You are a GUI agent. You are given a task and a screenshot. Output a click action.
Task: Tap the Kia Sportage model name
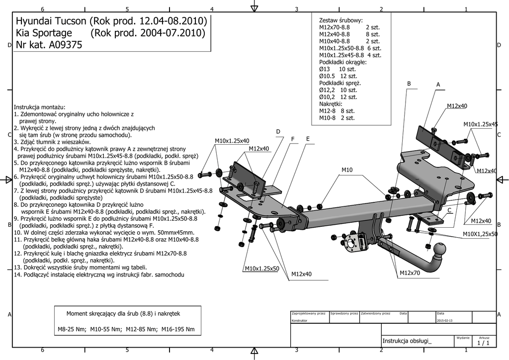point(44,33)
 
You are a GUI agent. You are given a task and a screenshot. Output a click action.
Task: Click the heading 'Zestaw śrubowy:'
point(340,20)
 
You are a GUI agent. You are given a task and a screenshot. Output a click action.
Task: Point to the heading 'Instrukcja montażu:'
point(40,107)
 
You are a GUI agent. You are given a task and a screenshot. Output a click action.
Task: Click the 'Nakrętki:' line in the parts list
point(331,104)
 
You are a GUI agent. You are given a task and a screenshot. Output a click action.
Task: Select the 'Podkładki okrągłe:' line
point(342,62)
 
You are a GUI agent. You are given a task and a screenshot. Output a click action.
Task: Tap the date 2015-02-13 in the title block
point(445,321)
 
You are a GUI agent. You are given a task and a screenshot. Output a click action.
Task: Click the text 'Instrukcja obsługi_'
point(407,341)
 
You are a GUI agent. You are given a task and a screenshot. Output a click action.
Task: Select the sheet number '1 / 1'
point(483,343)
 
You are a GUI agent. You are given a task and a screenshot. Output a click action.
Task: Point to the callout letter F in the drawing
point(293,139)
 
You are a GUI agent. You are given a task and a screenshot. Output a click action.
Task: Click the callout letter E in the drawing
point(308,139)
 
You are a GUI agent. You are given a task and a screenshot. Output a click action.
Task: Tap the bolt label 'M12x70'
point(410,273)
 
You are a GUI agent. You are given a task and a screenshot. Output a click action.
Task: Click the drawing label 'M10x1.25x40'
point(232,141)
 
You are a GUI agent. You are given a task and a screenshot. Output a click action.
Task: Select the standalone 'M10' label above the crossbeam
point(347,170)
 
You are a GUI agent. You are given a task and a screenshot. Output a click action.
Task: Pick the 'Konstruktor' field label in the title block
point(300,321)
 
